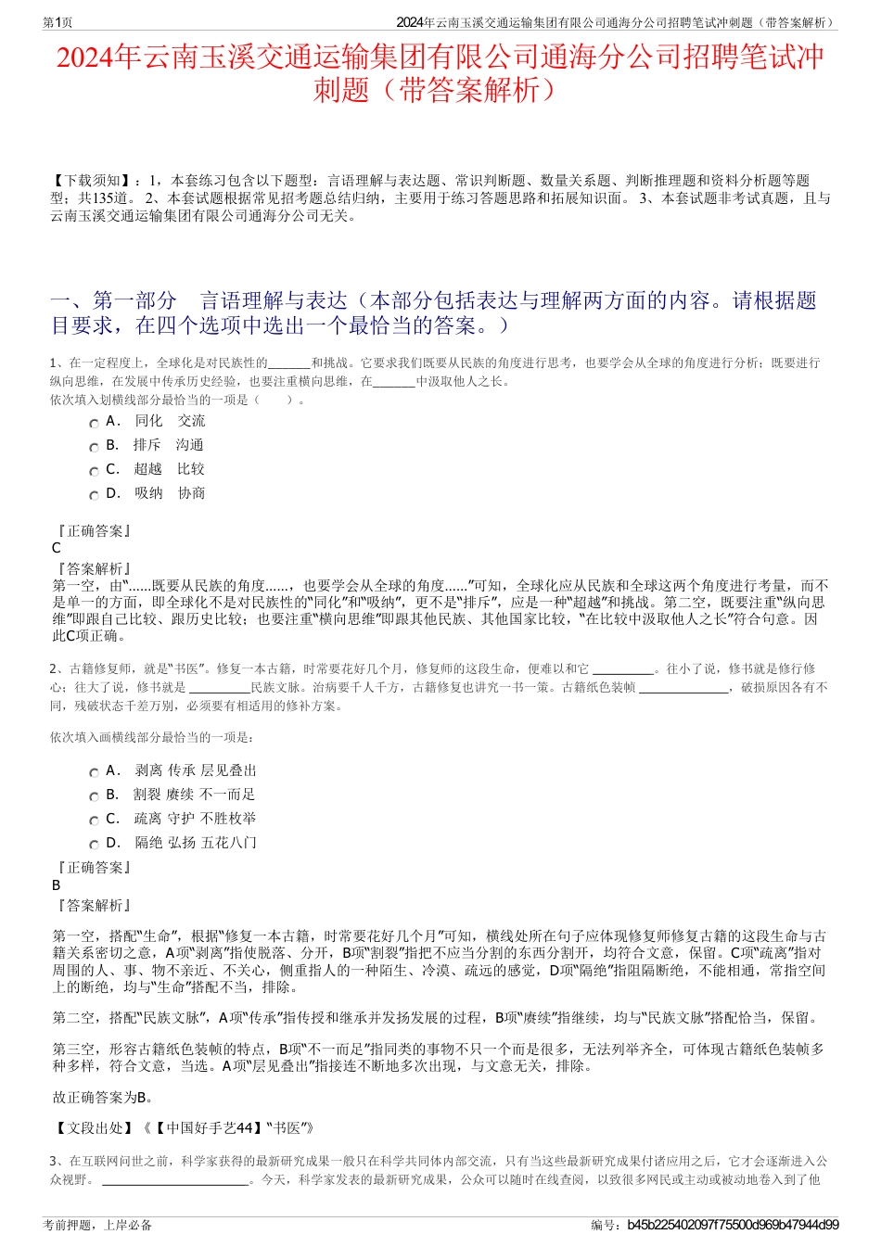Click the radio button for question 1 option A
[x=94, y=423]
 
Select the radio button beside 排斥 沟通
[x=94, y=447]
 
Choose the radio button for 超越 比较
[x=94, y=471]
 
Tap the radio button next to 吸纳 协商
[x=94, y=495]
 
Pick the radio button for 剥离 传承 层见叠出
[x=94, y=772]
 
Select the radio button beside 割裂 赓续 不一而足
[x=94, y=796]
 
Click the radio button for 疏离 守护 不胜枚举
[x=94, y=821]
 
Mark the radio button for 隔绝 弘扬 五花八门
[x=94, y=845]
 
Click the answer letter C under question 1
[x=57, y=548]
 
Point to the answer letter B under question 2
[x=57, y=885]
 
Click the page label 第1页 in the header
[x=58, y=22]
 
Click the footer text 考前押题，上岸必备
[x=97, y=1225]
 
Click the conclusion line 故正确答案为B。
[x=103, y=1098]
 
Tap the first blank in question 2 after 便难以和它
[x=622, y=669]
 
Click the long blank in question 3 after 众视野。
[x=175, y=1180]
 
